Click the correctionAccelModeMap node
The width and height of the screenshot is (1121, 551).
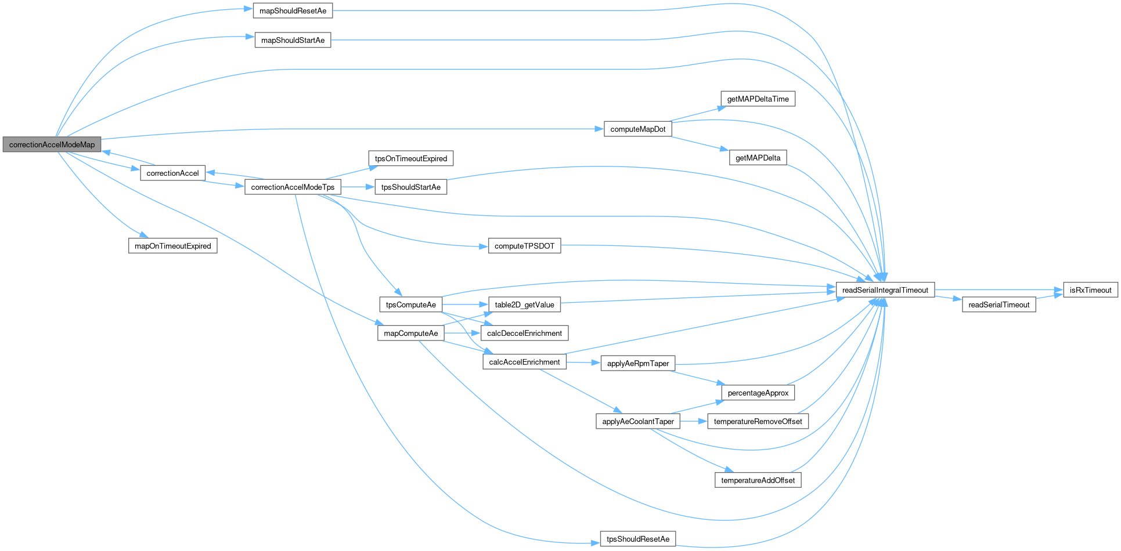[52, 144]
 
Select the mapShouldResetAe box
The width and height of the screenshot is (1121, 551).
[293, 11]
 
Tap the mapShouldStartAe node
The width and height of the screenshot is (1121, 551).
[293, 40]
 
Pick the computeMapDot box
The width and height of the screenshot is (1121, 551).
[637, 129]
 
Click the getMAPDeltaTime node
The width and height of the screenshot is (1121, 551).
[758, 99]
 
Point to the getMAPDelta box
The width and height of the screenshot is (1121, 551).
[758, 158]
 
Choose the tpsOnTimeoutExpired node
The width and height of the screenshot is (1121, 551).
[410, 158]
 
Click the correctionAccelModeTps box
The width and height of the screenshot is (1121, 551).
[293, 187]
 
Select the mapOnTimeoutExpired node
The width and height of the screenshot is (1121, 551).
[172, 246]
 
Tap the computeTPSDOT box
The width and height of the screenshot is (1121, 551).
[524, 246]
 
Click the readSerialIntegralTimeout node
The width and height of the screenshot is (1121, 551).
[885, 290]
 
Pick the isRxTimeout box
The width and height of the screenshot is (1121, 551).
[1090, 290]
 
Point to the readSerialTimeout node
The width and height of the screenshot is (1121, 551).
[999, 304]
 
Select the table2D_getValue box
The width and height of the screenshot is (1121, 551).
[524, 304]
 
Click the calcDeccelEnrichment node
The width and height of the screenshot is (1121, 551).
[524, 333]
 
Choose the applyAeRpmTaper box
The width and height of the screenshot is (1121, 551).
[637, 364]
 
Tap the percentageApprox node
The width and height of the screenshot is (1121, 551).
[758, 393]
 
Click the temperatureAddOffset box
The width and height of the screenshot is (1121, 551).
[758, 480]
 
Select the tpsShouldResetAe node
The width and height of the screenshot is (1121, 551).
[637, 539]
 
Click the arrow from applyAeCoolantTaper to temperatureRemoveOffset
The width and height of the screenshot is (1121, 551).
[694, 422]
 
